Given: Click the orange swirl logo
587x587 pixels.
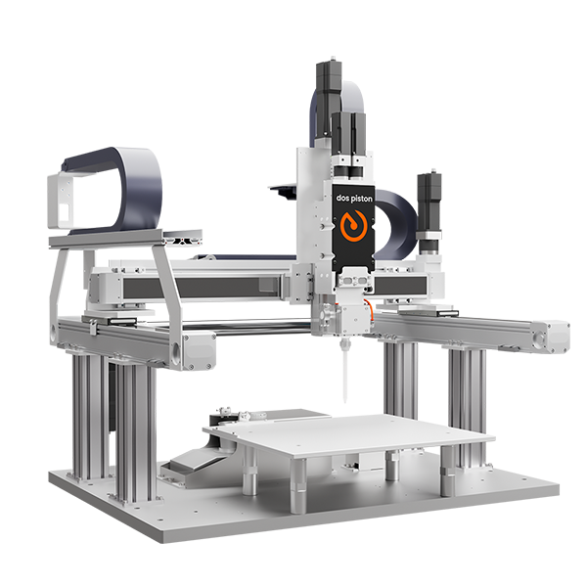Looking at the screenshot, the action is (353, 226).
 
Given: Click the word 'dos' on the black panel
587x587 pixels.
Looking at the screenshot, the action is (342, 198).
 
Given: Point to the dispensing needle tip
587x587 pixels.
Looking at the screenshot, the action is (344, 402).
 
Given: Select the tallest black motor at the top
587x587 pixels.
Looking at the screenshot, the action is (329, 99).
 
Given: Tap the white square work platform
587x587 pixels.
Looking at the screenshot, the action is (349, 434).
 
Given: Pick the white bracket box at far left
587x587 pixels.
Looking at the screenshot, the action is (61, 201).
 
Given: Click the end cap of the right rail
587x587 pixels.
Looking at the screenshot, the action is (553, 338).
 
